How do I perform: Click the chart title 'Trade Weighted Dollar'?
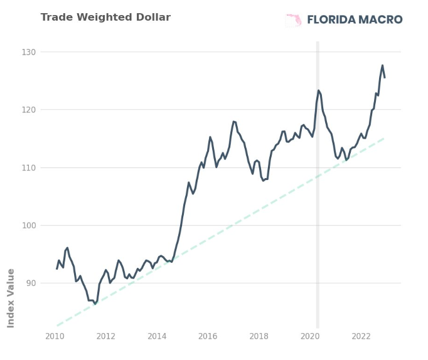[105, 17]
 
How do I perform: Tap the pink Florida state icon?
[294, 20]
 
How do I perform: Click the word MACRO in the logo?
[380, 19]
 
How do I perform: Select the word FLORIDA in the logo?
[331, 19]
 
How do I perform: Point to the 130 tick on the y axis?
[29, 52]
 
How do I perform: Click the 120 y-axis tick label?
[29, 110]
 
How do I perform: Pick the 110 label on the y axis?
[29, 167]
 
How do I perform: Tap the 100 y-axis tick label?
[29, 226]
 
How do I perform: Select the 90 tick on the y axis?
[31, 283]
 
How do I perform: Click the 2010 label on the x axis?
[55, 336]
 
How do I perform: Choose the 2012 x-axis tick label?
[106, 336]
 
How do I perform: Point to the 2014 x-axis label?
[157, 336]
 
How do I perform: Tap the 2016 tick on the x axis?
[208, 336]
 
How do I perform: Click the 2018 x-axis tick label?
[259, 336]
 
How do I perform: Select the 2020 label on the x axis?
[310, 336]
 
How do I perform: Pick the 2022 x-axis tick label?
[361, 336]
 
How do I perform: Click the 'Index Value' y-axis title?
[11, 298]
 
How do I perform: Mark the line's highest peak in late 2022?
[382, 65]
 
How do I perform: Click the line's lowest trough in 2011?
[95, 304]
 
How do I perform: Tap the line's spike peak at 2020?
[318, 90]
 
